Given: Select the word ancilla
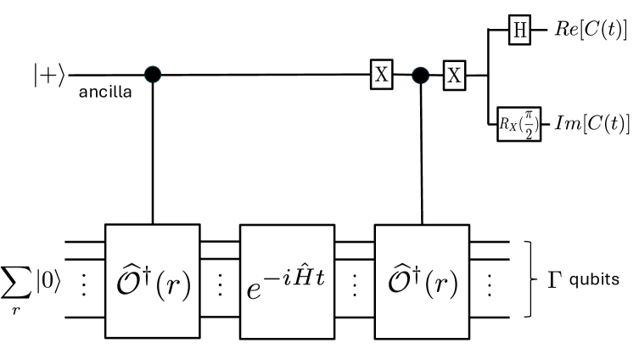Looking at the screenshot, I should tap(105, 92).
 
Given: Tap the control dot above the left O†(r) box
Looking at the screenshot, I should tap(153, 75).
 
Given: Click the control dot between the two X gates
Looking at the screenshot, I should tap(419, 75).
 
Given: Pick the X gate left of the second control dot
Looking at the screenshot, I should tap(382, 75).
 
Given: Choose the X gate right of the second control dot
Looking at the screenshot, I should tap(455, 75).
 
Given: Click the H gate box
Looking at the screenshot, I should tap(518, 32).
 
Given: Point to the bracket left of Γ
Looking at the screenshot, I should tap(530, 279).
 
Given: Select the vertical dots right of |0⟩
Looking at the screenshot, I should tap(84, 281).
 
